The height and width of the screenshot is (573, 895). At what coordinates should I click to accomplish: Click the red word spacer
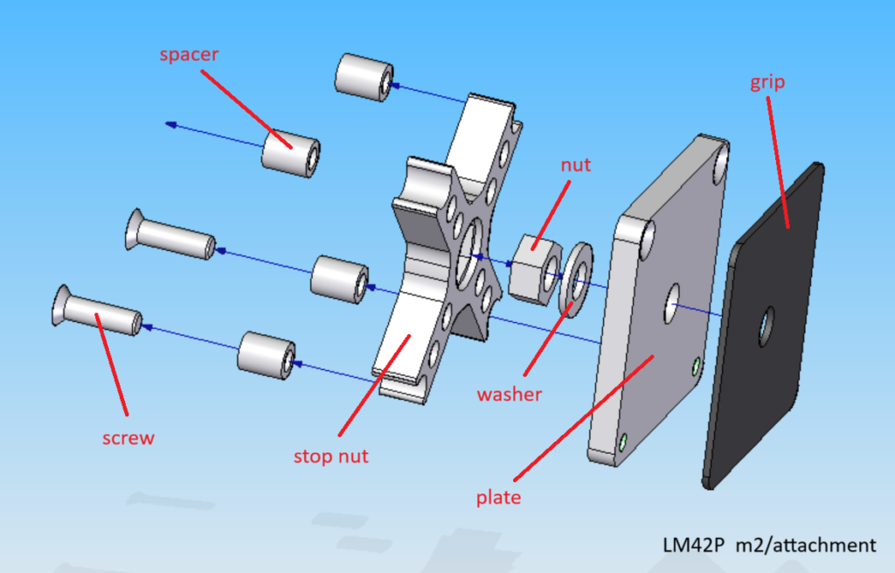click(189, 55)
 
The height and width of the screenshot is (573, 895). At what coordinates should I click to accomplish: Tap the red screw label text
click(128, 437)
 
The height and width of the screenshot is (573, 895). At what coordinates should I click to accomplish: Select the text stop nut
click(330, 456)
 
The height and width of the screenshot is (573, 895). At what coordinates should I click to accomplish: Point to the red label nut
click(576, 164)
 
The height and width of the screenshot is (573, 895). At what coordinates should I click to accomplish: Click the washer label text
click(510, 395)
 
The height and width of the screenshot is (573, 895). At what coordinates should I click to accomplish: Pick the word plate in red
click(498, 497)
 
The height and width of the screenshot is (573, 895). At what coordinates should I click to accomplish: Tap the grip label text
click(767, 84)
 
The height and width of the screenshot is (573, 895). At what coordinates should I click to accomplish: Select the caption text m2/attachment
click(805, 545)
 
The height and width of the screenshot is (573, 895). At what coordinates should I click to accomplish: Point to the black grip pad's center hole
click(767, 325)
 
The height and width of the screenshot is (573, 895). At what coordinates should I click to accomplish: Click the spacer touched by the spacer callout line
click(290, 155)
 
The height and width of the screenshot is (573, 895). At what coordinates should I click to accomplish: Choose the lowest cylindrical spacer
click(266, 356)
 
